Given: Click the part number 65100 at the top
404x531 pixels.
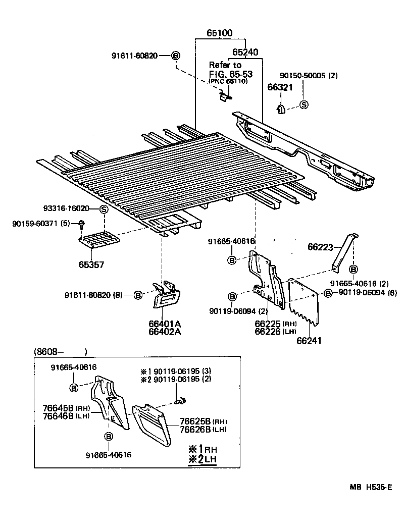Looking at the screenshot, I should tap(219, 34).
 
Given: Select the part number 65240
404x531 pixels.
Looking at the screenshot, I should tap(245, 52).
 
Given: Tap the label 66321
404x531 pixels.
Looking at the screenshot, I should tap(279, 87).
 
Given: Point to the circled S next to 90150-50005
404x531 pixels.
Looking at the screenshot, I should tap(304, 105).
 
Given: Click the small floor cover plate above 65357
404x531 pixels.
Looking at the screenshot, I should tap(99, 239).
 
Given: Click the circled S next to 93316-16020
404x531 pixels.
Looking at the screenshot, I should tap(103, 209).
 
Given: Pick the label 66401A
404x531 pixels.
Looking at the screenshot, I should tap(165, 323).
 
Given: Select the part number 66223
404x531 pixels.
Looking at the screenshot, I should tap(321, 246).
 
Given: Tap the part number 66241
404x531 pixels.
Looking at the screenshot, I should tap(309, 341).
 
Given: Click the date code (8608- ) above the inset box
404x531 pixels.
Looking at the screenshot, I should tap(61, 351).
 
